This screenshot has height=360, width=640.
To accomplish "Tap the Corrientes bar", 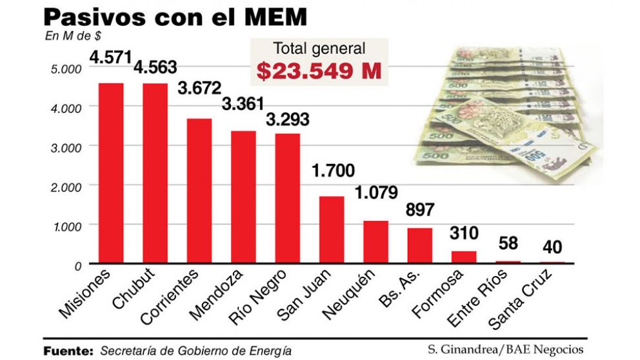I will [x=199, y=190].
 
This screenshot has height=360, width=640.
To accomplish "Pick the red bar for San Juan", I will [x=332, y=230].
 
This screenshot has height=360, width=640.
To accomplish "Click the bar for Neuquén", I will [x=375, y=242].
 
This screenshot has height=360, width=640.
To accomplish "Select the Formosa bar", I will [x=464, y=257].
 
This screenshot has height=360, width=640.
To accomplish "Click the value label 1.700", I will [x=333, y=171].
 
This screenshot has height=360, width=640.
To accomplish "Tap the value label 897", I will [x=420, y=210].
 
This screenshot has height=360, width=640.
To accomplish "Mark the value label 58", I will [x=508, y=244].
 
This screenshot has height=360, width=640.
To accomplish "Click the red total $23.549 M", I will [x=319, y=70].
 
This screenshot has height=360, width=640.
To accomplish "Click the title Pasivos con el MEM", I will [x=174, y=17].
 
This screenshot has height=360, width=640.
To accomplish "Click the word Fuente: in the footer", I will [x=69, y=350].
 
